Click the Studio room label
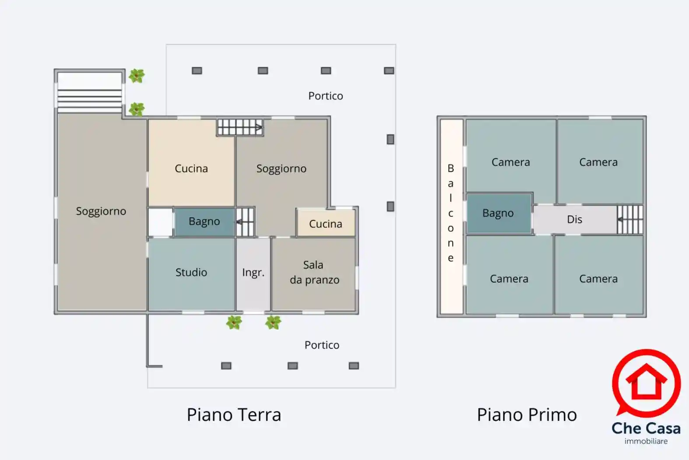point(191,272)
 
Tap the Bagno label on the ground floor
point(204,222)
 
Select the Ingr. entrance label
point(253,272)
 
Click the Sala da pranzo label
point(314,272)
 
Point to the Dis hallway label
point(574,219)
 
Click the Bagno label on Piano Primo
point(498,213)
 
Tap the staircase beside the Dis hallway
point(630,219)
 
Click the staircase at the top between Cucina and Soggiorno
point(240,127)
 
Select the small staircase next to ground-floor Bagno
point(245,222)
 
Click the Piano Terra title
point(234,415)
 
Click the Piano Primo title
point(527,415)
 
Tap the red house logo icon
point(646,382)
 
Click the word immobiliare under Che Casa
point(646,441)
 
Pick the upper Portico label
point(325,96)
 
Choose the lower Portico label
point(322,345)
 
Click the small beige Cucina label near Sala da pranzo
point(325,224)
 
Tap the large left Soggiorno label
point(101,211)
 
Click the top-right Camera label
point(598,162)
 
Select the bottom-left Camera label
point(509,279)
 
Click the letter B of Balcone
point(450,168)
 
